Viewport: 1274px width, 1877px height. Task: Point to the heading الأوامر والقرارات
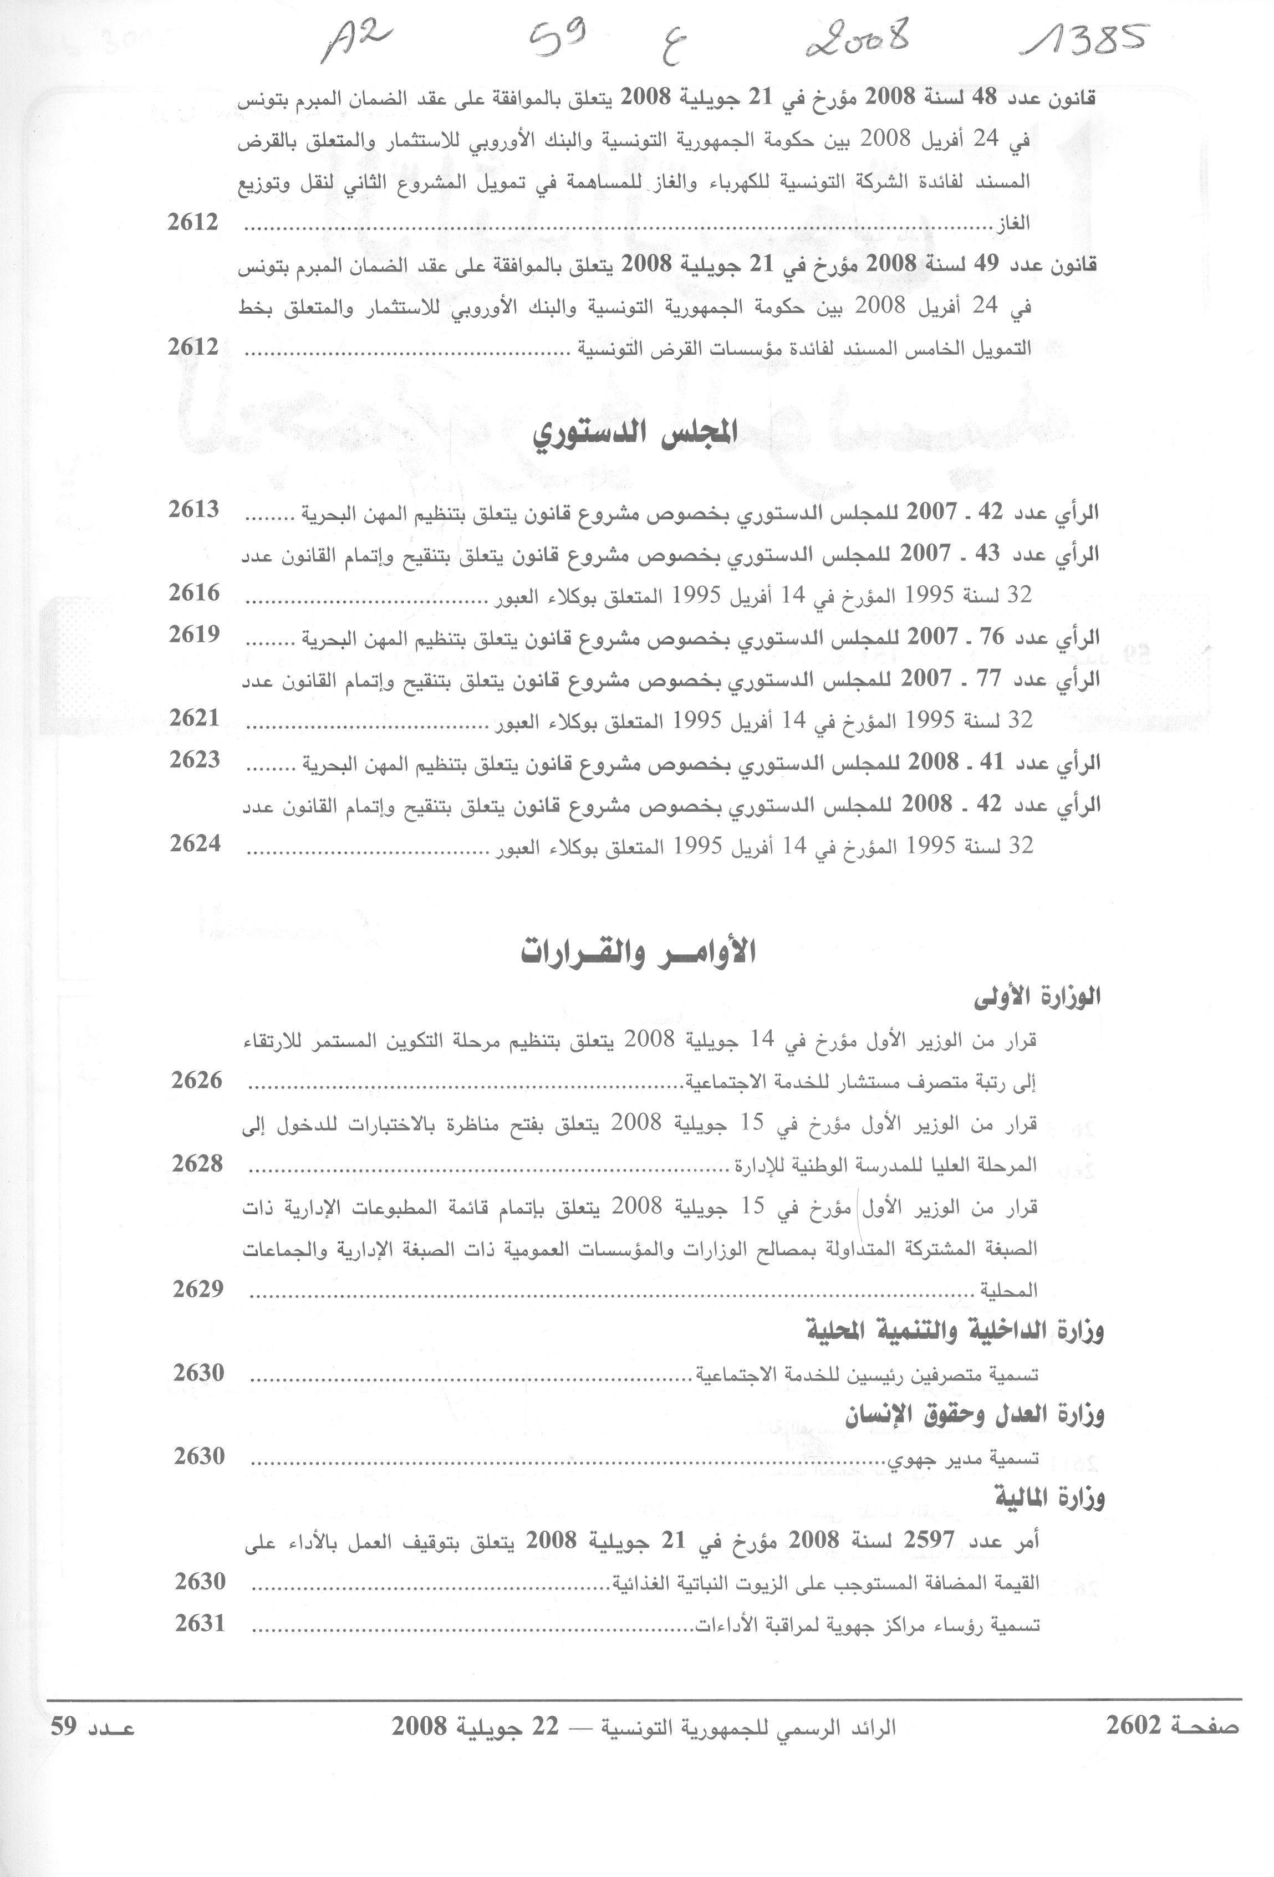638,952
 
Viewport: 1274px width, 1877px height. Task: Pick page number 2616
194,593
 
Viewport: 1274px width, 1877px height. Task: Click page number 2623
195,759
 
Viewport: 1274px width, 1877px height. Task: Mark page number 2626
196,1080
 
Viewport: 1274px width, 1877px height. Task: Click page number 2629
198,1288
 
